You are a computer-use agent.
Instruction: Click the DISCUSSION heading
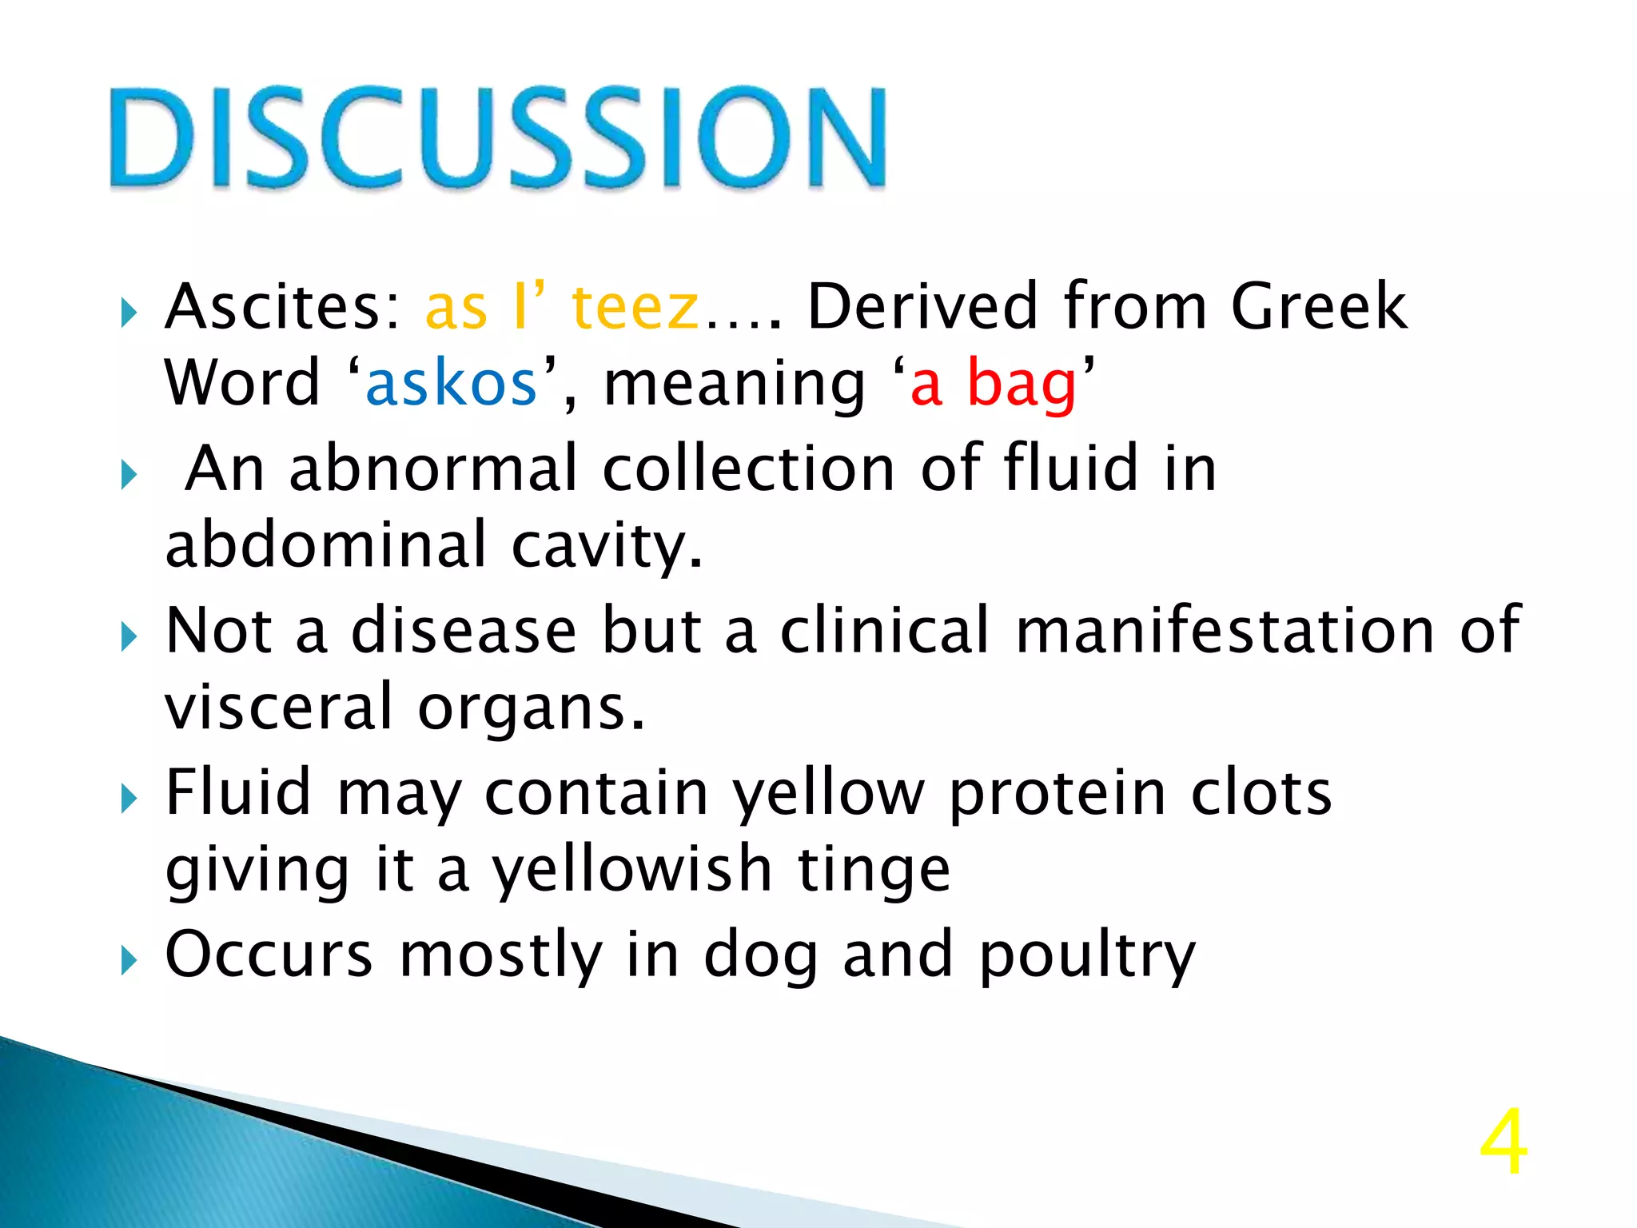(497, 138)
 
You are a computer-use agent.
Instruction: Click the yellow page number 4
(1503, 1143)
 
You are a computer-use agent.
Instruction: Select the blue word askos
(451, 384)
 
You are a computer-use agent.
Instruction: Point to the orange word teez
(635, 307)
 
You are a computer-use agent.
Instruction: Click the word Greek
(1319, 307)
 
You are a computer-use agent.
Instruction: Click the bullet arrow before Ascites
(129, 313)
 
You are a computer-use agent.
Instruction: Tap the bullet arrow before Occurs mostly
(129, 961)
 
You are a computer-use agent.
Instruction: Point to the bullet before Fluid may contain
(129, 798)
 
